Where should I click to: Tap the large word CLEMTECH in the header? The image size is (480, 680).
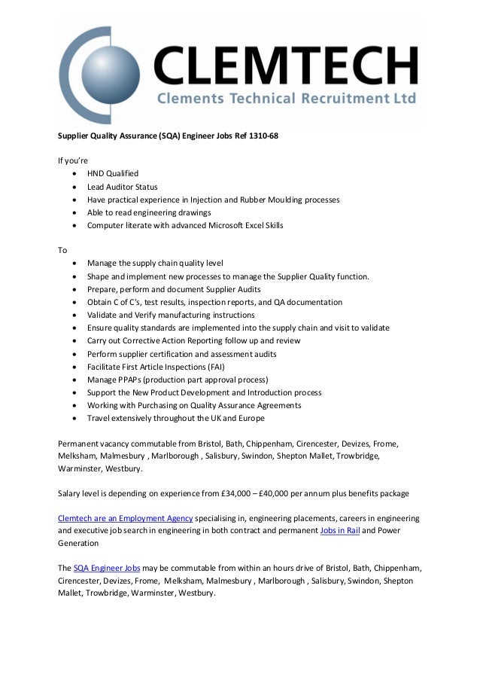(x=286, y=65)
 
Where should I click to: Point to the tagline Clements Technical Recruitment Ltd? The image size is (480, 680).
(x=286, y=99)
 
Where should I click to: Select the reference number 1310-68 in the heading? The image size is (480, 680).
(x=261, y=136)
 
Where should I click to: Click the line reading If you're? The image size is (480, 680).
(x=73, y=160)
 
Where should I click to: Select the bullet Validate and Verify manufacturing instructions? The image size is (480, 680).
(x=171, y=315)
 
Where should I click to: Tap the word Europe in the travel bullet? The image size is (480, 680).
(x=250, y=418)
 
